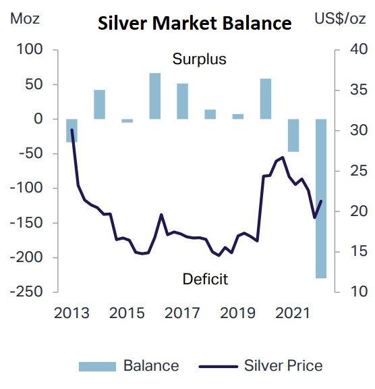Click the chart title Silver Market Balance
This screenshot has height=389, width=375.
click(x=194, y=24)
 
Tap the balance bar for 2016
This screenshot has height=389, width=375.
click(x=154, y=96)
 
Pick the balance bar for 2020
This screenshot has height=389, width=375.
click(x=266, y=99)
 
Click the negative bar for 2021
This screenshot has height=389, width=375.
click(x=293, y=135)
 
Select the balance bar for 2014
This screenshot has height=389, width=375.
click(x=99, y=104)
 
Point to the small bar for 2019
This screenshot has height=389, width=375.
click(x=237, y=116)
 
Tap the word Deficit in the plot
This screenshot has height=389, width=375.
click(x=205, y=278)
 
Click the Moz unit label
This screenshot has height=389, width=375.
click(x=26, y=18)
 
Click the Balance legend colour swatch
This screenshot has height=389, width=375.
click(x=98, y=367)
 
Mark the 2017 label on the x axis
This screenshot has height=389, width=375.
click(x=182, y=314)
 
